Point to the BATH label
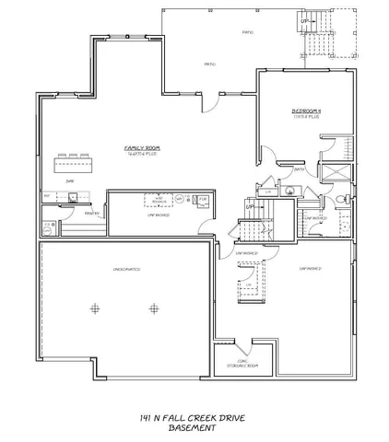pyautogui.click(x=300, y=169)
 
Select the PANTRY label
pyautogui.click(x=91, y=214)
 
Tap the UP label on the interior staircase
pyautogui.click(x=249, y=206)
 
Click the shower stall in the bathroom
pyautogui.click(x=337, y=174)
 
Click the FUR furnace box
pyautogui.click(x=203, y=198)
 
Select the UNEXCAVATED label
pyautogui.click(x=125, y=269)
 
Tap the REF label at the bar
pyautogui.click(x=45, y=195)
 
